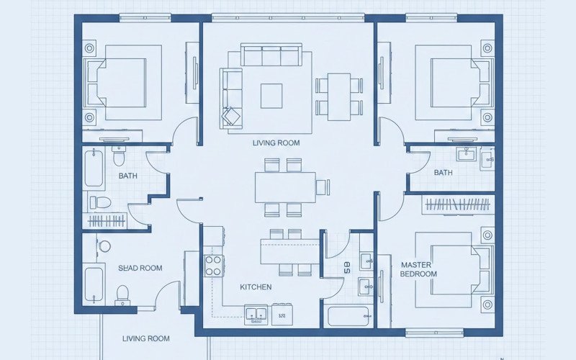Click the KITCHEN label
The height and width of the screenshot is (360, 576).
pos(256,287)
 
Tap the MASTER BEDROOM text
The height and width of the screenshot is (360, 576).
pos(418,269)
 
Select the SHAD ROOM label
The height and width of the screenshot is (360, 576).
pos(140,268)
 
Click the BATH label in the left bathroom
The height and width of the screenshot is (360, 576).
pos(128,175)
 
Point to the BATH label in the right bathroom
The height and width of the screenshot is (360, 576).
pos(443,173)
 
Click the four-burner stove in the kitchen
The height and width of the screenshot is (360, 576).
pos(213,266)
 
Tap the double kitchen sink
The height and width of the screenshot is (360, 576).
pos(256,313)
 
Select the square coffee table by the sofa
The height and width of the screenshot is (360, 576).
pos(271,95)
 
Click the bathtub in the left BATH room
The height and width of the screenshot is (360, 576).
pos(94,168)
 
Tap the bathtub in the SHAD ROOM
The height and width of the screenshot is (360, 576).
pos(94,285)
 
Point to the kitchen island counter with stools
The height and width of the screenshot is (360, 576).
pos(288,251)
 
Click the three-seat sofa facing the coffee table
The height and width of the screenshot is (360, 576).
pos(272,56)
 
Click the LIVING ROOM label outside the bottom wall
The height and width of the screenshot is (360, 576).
pos(145,338)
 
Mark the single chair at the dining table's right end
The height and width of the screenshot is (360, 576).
pos(322,187)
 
